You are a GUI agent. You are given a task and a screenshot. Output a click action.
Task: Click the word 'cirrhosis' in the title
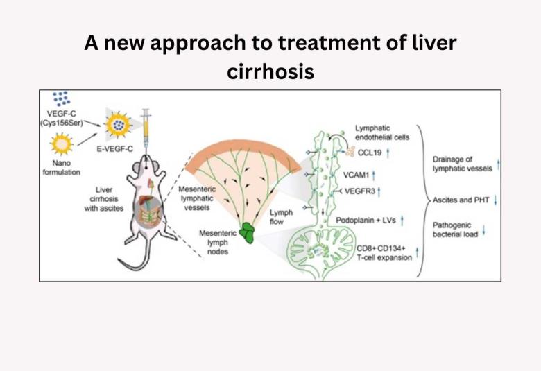coord(270,71)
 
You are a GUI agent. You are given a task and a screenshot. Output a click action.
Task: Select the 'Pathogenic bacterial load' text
coord(454,230)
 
